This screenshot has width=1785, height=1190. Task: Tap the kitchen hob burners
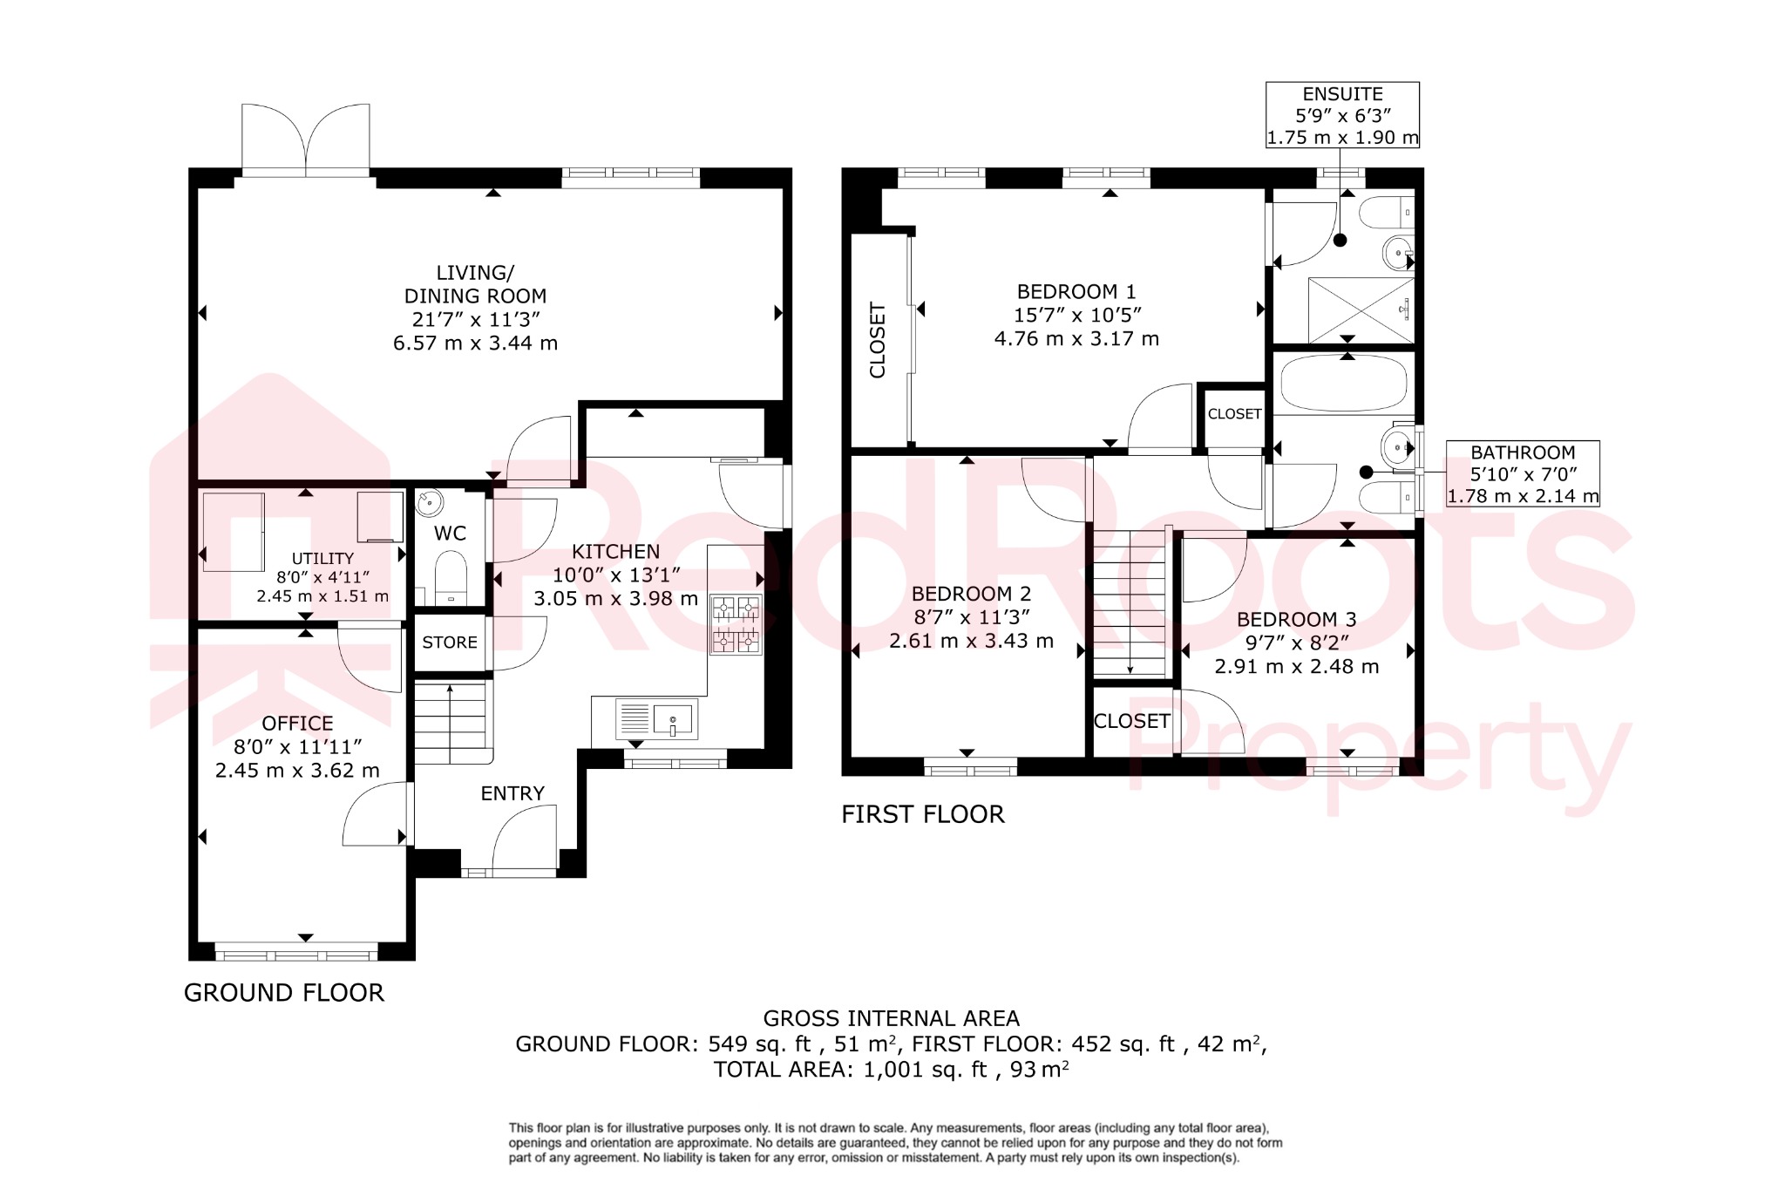click(736, 624)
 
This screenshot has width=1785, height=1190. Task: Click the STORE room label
click(450, 643)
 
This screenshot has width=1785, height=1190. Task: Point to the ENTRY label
click(512, 793)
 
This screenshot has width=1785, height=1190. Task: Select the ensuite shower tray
click(1361, 309)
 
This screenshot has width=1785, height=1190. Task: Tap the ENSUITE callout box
click(1342, 115)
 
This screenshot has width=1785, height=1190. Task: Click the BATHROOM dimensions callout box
click(1523, 474)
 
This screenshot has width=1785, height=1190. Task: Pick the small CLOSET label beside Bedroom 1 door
click(1234, 414)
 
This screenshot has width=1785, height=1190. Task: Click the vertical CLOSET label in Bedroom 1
click(878, 340)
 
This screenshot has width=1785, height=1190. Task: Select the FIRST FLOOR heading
click(923, 814)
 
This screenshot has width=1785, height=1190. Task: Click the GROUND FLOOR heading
click(284, 993)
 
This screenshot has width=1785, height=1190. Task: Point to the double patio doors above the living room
click(305, 139)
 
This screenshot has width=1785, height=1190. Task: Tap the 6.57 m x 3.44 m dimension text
click(475, 343)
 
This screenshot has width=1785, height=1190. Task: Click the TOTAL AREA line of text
click(891, 1070)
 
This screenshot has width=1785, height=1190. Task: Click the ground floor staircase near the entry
click(450, 720)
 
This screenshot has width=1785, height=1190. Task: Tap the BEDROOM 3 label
click(1296, 620)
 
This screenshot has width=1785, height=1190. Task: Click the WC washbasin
click(429, 503)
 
